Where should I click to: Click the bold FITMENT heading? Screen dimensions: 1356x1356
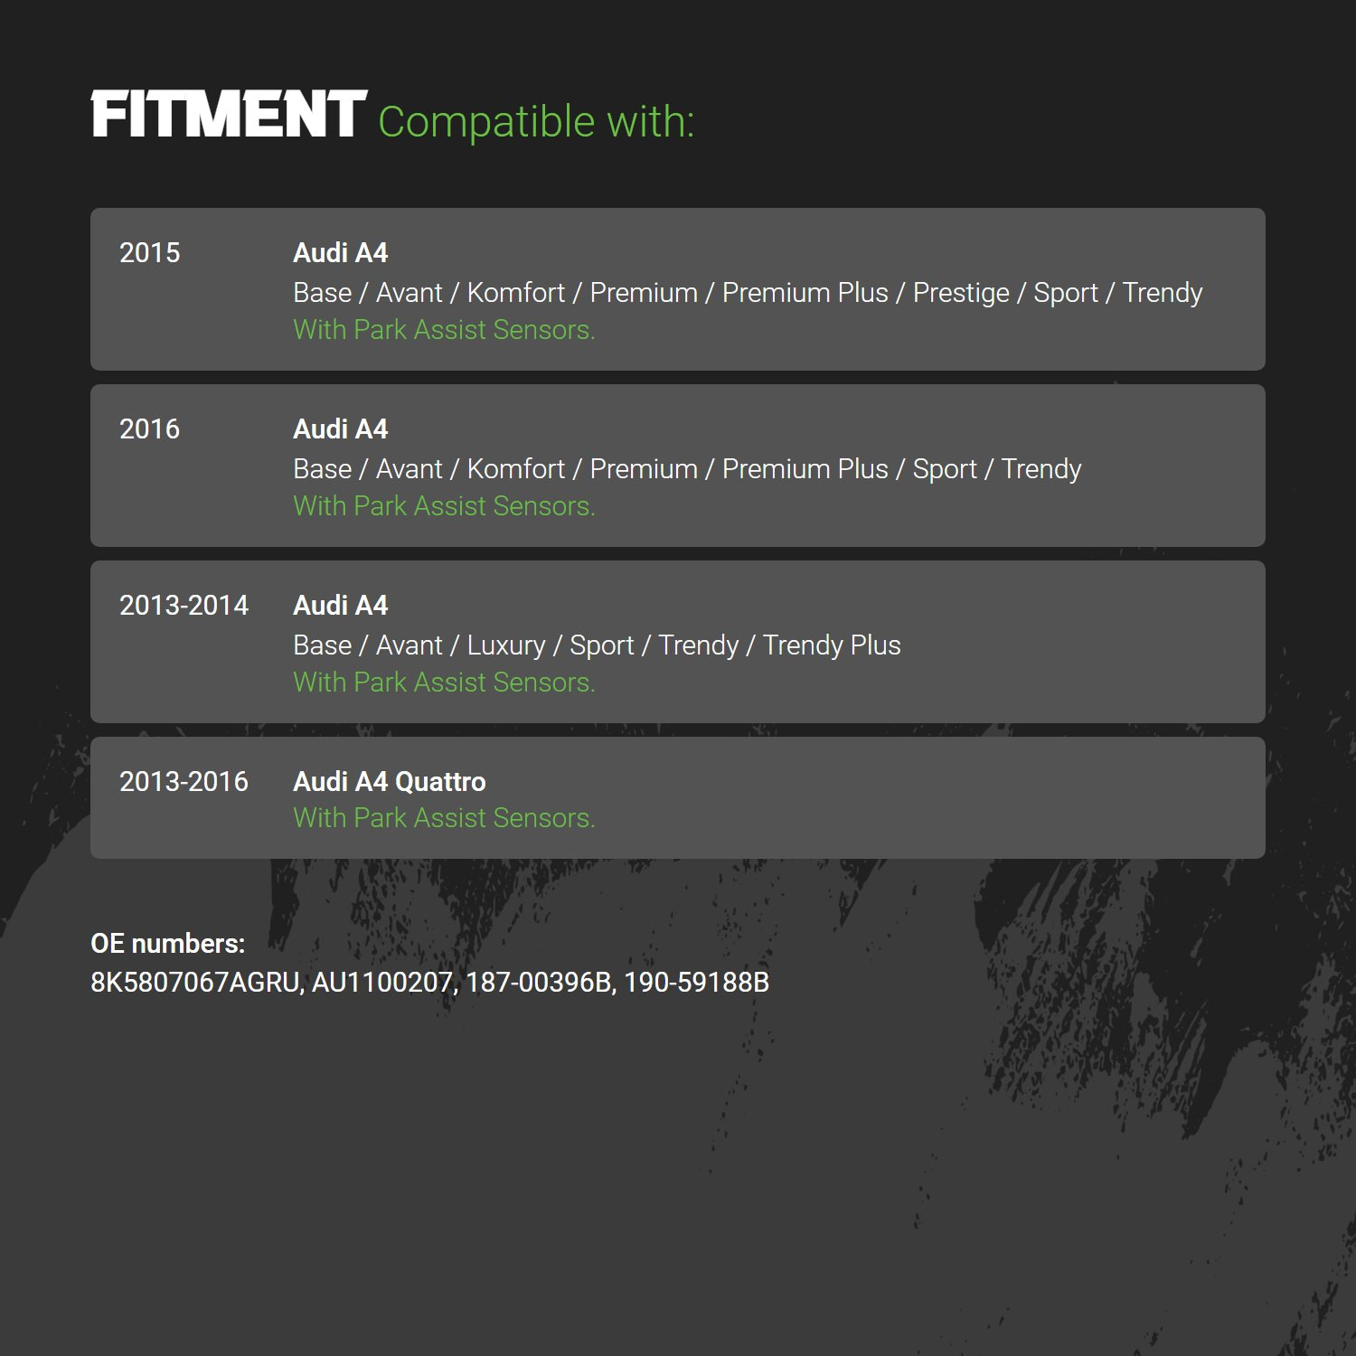point(229,115)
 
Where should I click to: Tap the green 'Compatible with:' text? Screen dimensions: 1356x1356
point(536,122)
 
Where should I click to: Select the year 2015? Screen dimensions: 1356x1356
point(150,253)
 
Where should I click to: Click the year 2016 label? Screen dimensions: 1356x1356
point(150,429)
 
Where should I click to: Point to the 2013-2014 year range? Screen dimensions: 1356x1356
point(184,606)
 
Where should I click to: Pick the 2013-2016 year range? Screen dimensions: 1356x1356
point(184,782)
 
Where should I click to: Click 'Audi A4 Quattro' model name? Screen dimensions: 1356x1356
point(390,782)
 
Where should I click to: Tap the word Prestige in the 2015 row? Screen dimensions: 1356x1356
point(961,294)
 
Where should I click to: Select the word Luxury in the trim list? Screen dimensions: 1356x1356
point(506,646)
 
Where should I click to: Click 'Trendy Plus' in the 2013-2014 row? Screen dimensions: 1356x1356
point(832,645)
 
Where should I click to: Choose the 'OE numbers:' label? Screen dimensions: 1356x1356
point(168,944)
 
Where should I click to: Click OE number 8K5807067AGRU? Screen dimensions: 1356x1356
point(196,983)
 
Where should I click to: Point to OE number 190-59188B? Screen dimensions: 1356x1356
point(697,983)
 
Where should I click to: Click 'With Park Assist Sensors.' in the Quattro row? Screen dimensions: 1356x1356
point(445,818)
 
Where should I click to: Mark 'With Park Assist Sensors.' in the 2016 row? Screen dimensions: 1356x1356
point(445,506)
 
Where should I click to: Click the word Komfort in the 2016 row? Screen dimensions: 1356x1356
point(516,469)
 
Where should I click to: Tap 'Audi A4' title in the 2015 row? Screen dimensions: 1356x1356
point(341,253)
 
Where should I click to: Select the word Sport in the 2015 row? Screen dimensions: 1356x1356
point(1066,294)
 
